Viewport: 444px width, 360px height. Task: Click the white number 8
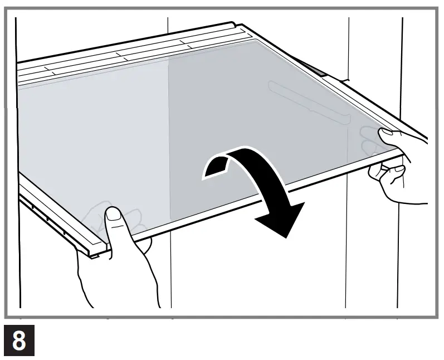point(19,340)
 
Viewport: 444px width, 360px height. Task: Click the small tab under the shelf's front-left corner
point(95,256)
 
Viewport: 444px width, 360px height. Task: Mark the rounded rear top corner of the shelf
point(233,25)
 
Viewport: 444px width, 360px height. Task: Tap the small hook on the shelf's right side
point(344,81)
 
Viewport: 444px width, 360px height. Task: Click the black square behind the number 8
point(19,340)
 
